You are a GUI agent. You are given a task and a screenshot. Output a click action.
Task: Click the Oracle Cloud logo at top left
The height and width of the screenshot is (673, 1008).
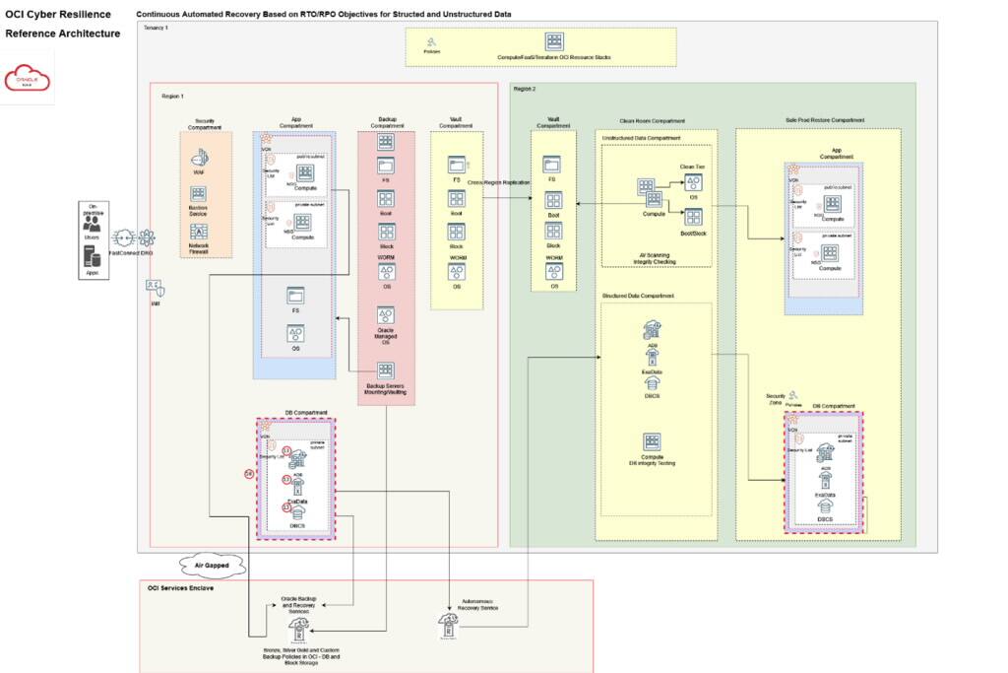click(x=28, y=78)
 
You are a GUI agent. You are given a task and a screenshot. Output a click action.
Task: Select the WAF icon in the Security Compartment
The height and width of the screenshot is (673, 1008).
click(x=199, y=158)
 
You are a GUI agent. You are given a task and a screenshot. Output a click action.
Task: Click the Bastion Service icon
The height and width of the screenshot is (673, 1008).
click(x=199, y=194)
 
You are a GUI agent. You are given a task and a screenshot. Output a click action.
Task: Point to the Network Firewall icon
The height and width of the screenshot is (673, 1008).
click(x=199, y=232)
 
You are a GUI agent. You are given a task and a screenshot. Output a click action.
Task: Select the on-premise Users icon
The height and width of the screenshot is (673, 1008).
click(x=92, y=226)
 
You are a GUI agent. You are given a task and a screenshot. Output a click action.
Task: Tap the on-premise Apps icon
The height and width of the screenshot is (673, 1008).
click(x=92, y=257)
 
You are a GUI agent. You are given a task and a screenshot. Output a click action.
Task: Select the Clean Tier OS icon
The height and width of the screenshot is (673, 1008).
click(x=692, y=181)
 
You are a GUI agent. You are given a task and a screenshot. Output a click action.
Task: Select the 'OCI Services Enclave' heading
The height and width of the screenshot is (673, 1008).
click(x=181, y=587)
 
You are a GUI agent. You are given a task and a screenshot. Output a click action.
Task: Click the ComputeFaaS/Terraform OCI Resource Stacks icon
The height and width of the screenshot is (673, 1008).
click(x=554, y=42)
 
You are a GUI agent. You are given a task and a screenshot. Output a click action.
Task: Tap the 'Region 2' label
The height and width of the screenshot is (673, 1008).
click(x=524, y=89)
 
